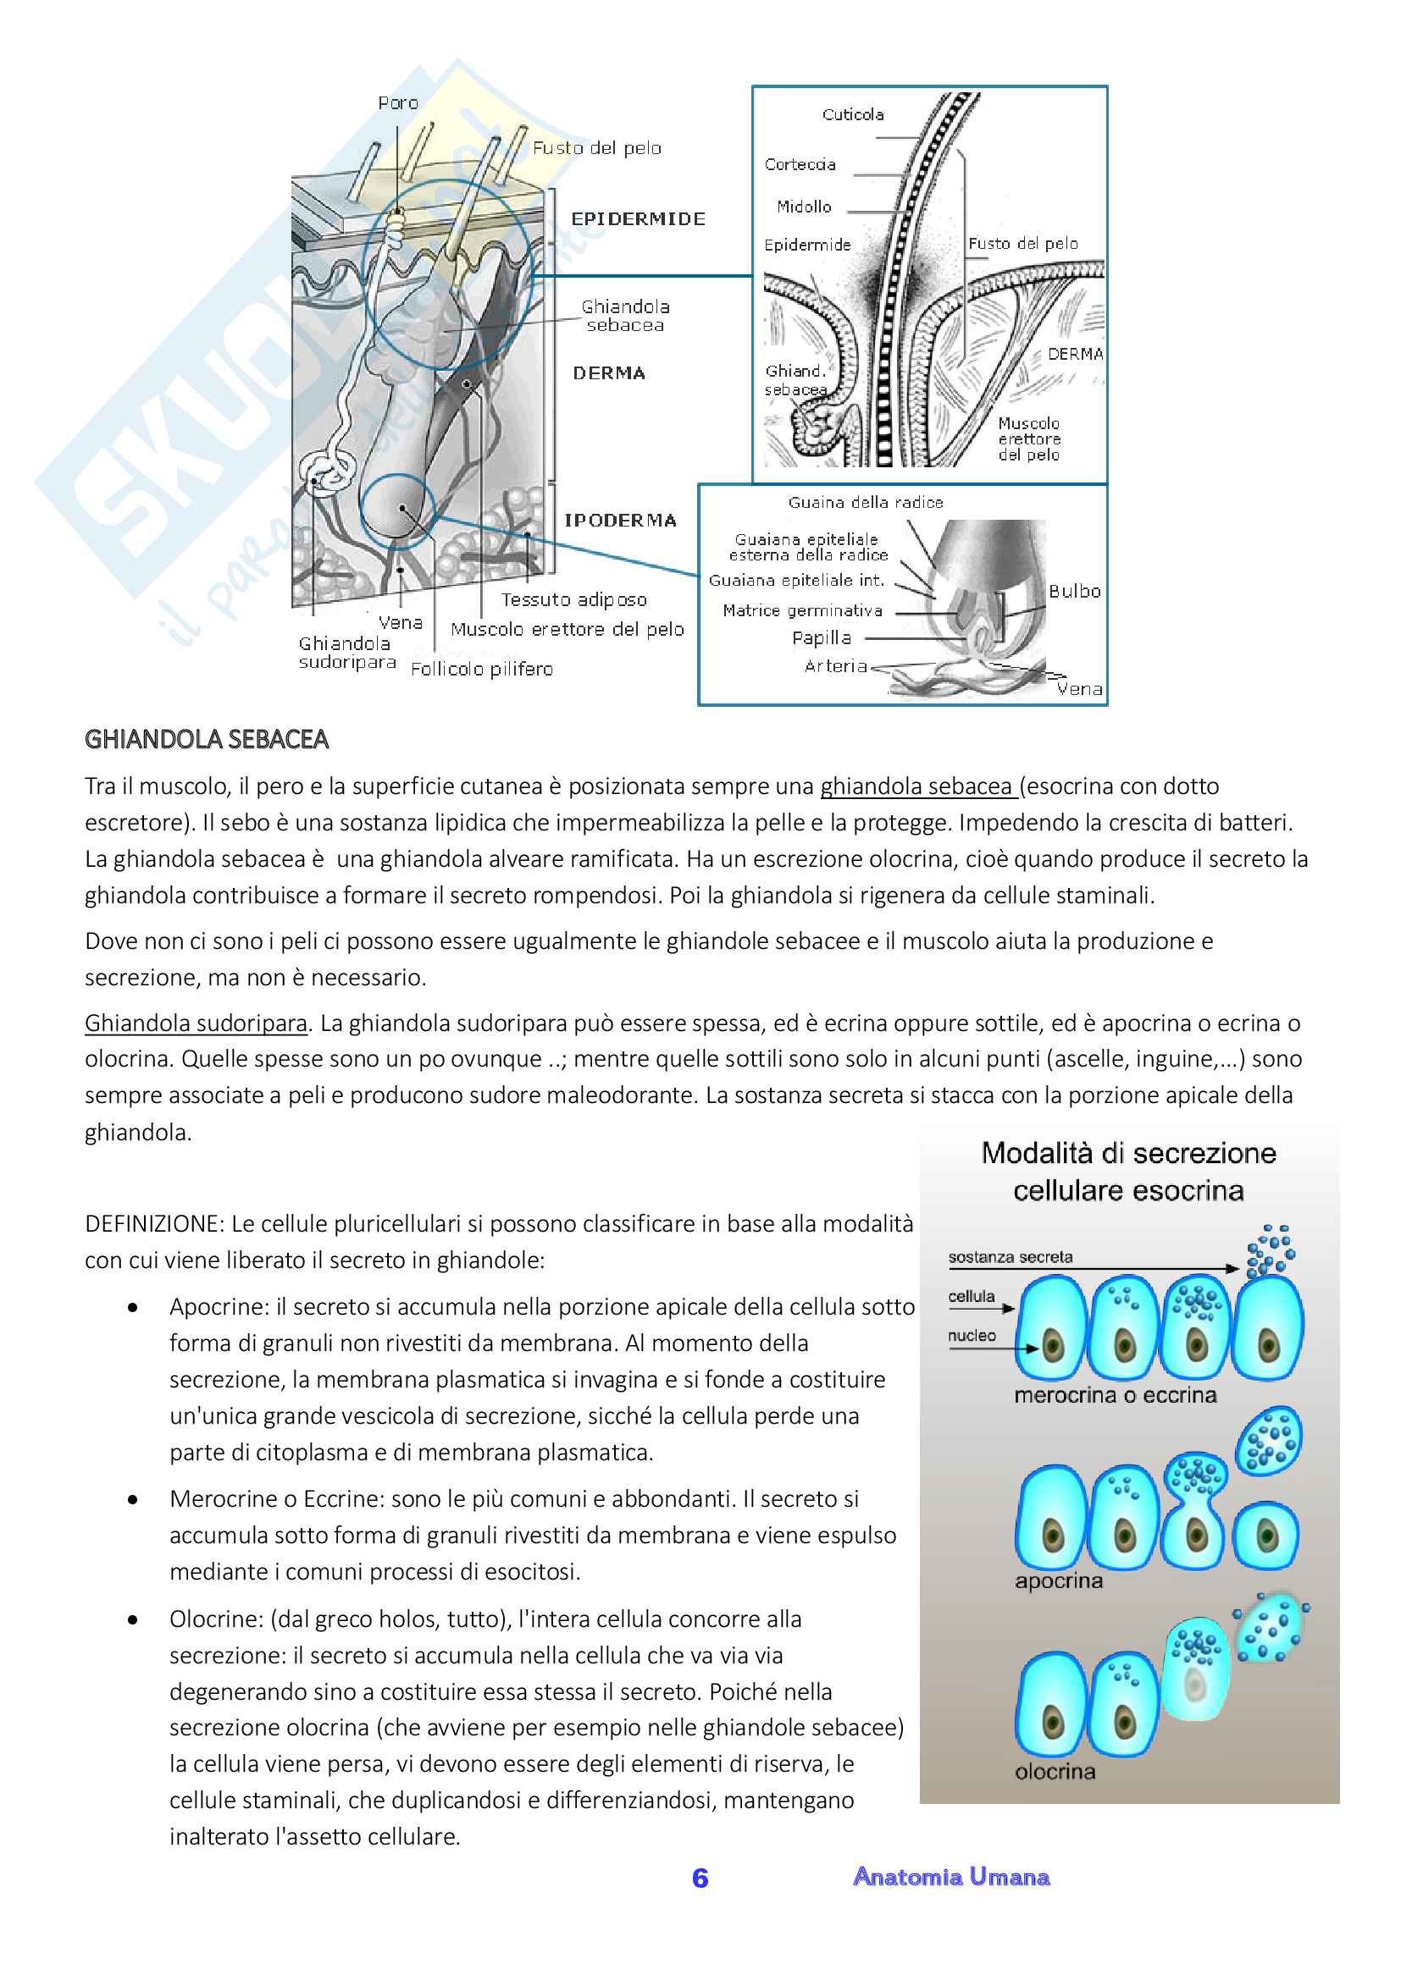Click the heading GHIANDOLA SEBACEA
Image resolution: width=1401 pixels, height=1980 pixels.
pos(206,739)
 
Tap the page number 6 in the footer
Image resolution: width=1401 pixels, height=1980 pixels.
pos(700,1878)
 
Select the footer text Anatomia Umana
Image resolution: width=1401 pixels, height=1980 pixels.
pos(950,1877)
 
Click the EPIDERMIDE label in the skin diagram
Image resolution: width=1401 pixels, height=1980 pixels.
pos(638,219)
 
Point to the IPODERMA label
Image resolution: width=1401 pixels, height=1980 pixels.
pos(619,520)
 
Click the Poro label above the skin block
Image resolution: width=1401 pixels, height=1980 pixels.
pos(398,103)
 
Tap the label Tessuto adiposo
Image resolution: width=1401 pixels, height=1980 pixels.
pos(573,599)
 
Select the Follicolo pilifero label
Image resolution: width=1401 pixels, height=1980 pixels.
pos(481,670)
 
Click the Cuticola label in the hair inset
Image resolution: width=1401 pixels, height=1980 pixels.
pos(852,114)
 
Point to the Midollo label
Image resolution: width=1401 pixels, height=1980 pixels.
pos(803,207)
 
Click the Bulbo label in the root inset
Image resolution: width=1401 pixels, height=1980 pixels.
pos(1074,591)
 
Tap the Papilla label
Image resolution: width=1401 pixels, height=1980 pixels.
pos(822,638)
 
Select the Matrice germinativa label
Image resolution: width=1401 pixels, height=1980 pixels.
pos(802,610)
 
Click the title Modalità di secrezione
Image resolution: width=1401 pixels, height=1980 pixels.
pos(1128,1153)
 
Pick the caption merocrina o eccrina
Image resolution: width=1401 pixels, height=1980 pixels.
pos(1115,1395)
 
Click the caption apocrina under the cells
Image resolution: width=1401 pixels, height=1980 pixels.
pos(1059,1580)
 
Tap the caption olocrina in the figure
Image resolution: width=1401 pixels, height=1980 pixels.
pos(1055,1771)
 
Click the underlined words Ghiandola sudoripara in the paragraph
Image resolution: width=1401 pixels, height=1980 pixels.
pos(196,1023)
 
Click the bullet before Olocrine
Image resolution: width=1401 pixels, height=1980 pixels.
pos(133,1619)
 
